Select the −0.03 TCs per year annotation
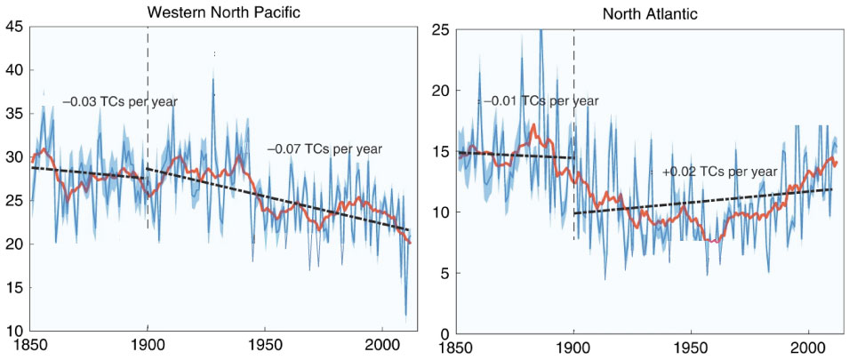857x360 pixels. [x=120, y=101]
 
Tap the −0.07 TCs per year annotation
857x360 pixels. [x=324, y=149]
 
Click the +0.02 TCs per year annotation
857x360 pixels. [x=720, y=171]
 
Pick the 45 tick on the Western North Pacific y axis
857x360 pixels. [x=16, y=27]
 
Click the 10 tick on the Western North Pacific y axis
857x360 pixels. [x=16, y=331]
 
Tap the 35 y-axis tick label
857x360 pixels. [x=16, y=114]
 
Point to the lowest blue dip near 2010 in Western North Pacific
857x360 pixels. [x=406, y=313]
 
